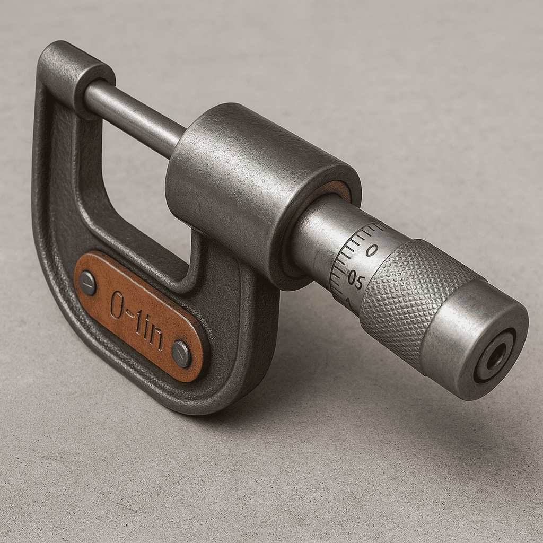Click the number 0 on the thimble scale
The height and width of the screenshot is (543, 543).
(x=372, y=250)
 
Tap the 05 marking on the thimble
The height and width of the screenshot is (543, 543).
(x=356, y=280)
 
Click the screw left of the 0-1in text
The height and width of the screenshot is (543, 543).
(x=88, y=283)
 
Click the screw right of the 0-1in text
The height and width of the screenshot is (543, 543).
(x=181, y=354)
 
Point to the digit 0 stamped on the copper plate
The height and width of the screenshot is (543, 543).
(x=117, y=304)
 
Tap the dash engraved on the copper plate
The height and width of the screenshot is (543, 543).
(x=130, y=315)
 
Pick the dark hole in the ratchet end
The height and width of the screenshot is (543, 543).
(x=496, y=356)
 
